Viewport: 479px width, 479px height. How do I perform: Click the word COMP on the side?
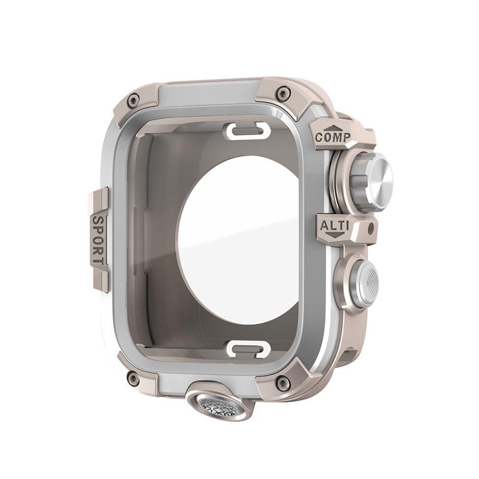pyautogui.click(x=333, y=137)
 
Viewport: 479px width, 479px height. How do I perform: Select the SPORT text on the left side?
pyautogui.click(x=98, y=240)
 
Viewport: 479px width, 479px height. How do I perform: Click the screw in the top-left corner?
pyautogui.click(x=133, y=100)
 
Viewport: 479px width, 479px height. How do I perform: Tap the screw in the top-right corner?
pyautogui.click(x=284, y=93)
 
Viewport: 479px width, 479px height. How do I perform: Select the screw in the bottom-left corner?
pyautogui.click(x=134, y=378)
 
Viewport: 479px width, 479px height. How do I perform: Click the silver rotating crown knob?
pyautogui.click(x=371, y=180)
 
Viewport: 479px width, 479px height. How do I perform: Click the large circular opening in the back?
pyautogui.click(x=239, y=239)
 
